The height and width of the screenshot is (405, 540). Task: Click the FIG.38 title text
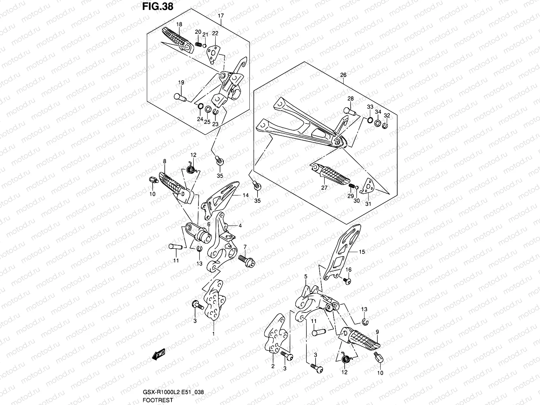pos(158,7)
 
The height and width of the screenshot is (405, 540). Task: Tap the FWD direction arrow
pos(158,354)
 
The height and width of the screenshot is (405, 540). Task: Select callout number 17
pos(221,16)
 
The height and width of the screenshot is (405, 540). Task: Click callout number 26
pos(343,75)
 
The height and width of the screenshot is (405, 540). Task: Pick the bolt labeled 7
pos(247,262)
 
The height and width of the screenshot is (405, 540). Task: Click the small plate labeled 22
pos(214,53)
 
